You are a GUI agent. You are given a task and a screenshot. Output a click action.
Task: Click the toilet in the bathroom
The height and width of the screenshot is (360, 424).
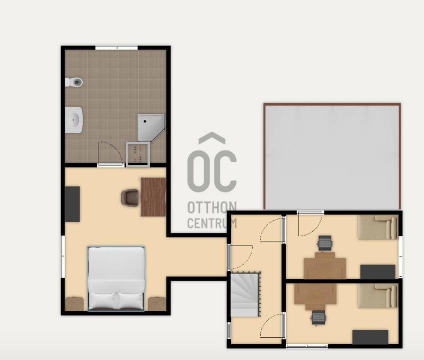tap(74, 82)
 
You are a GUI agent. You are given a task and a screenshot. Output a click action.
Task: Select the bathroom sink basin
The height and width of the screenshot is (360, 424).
tap(74, 120)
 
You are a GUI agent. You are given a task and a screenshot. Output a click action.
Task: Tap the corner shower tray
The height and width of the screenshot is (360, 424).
tap(151, 127)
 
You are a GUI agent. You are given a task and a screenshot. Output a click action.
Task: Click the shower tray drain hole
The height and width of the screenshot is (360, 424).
tap(145, 121)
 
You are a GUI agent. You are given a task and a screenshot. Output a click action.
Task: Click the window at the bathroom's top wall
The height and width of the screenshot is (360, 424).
tap(117, 48)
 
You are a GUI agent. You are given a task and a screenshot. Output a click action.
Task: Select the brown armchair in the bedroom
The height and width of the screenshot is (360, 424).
tap(130, 198)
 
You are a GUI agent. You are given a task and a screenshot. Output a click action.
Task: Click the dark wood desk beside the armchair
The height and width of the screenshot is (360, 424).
tap(153, 197)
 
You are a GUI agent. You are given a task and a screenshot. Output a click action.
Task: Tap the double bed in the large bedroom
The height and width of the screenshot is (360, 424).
tap(116, 278)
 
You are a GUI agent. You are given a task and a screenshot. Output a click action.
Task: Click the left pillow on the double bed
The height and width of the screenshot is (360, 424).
tap(103, 301)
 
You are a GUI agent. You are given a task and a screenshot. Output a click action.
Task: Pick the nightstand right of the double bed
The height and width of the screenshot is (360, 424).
tap(157, 304)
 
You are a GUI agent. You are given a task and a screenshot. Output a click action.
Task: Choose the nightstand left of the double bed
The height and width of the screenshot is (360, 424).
tap(74, 304)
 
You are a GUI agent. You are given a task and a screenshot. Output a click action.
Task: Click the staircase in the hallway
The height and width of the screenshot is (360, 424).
tap(245, 294)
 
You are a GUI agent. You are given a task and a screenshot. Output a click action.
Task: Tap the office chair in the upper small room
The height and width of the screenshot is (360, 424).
tap(325, 243)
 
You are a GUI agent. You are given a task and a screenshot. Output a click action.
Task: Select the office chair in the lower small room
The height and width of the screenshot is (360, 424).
tap(319, 317)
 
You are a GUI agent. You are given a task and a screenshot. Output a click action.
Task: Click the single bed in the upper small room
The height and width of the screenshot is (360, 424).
tap(378, 227)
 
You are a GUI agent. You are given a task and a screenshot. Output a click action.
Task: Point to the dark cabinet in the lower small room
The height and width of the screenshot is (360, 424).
tap(370, 337)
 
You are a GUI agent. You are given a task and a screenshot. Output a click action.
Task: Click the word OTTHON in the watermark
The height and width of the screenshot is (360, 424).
tap(212, 207)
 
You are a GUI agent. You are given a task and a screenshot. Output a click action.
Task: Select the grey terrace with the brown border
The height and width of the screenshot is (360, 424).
tap(332, 156)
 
